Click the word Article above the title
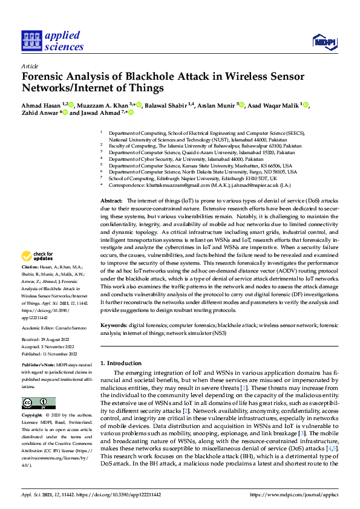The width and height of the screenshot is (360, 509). click(x=29, y=66)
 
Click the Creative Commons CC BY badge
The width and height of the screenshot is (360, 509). click(x=39, y=403)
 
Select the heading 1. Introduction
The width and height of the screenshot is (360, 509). click(x=125, y=363)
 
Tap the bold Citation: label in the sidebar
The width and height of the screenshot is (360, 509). click(x=31, y=283)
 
